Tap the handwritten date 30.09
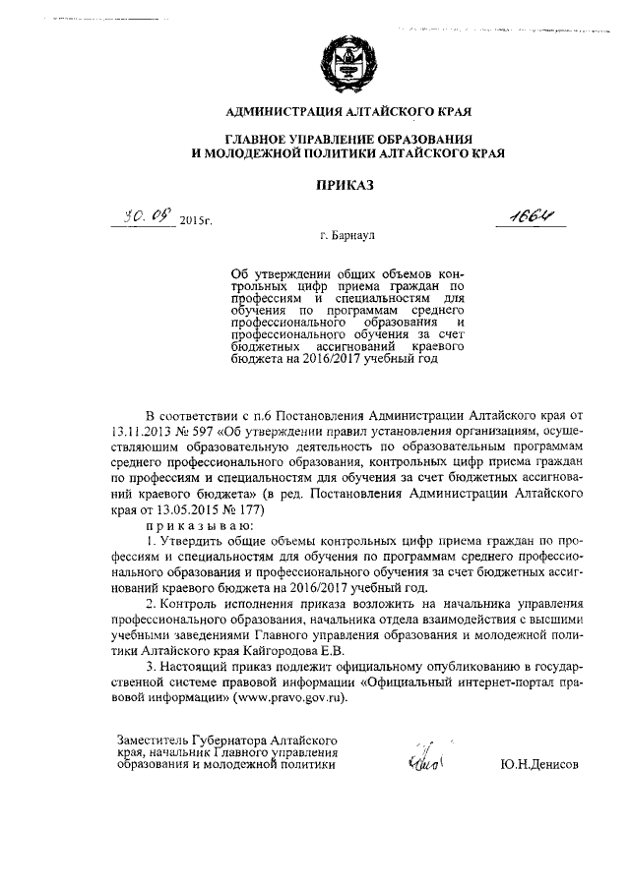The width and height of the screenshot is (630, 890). click(142, 216)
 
